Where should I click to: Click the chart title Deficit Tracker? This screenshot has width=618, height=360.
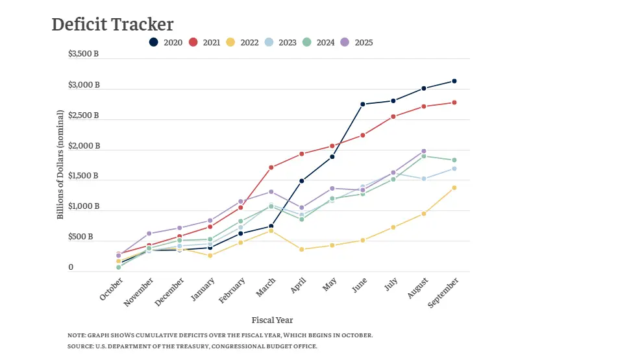pyautogui.click(x=112, y=25)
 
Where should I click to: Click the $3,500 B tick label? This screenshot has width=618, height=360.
pyautogui.click(x=83, y=54)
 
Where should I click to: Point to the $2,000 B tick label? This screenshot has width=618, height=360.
pyautogui.click(x=83, y=146)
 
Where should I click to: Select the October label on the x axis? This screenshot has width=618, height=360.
pyautogui.click(x=112, y=288)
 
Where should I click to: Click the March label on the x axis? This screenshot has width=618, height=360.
pyautogui.click(x=266, y=286)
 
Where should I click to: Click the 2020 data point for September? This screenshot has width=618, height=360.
pyautogui.click(x=454, y=81)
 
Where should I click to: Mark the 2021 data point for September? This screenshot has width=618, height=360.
pyautogui.click(x=454, y=102)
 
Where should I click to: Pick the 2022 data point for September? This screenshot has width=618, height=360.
pyautogui.click(x=454, y=187)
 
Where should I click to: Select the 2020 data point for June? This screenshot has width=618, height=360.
pyautogui.click(x=362, y=104)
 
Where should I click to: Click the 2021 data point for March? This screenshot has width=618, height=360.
pyautogui.click(x=271, y=167)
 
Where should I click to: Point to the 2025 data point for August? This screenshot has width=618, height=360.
pyautogui.click(x=424, y=151)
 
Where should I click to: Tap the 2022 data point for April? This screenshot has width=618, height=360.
pyautogui.click(x=301, y=249)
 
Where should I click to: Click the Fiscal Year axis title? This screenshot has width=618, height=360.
pyautogui.click(x=272, y=320)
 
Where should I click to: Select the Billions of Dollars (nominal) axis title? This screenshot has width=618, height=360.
pyautogui.click(x=60, y=164)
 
